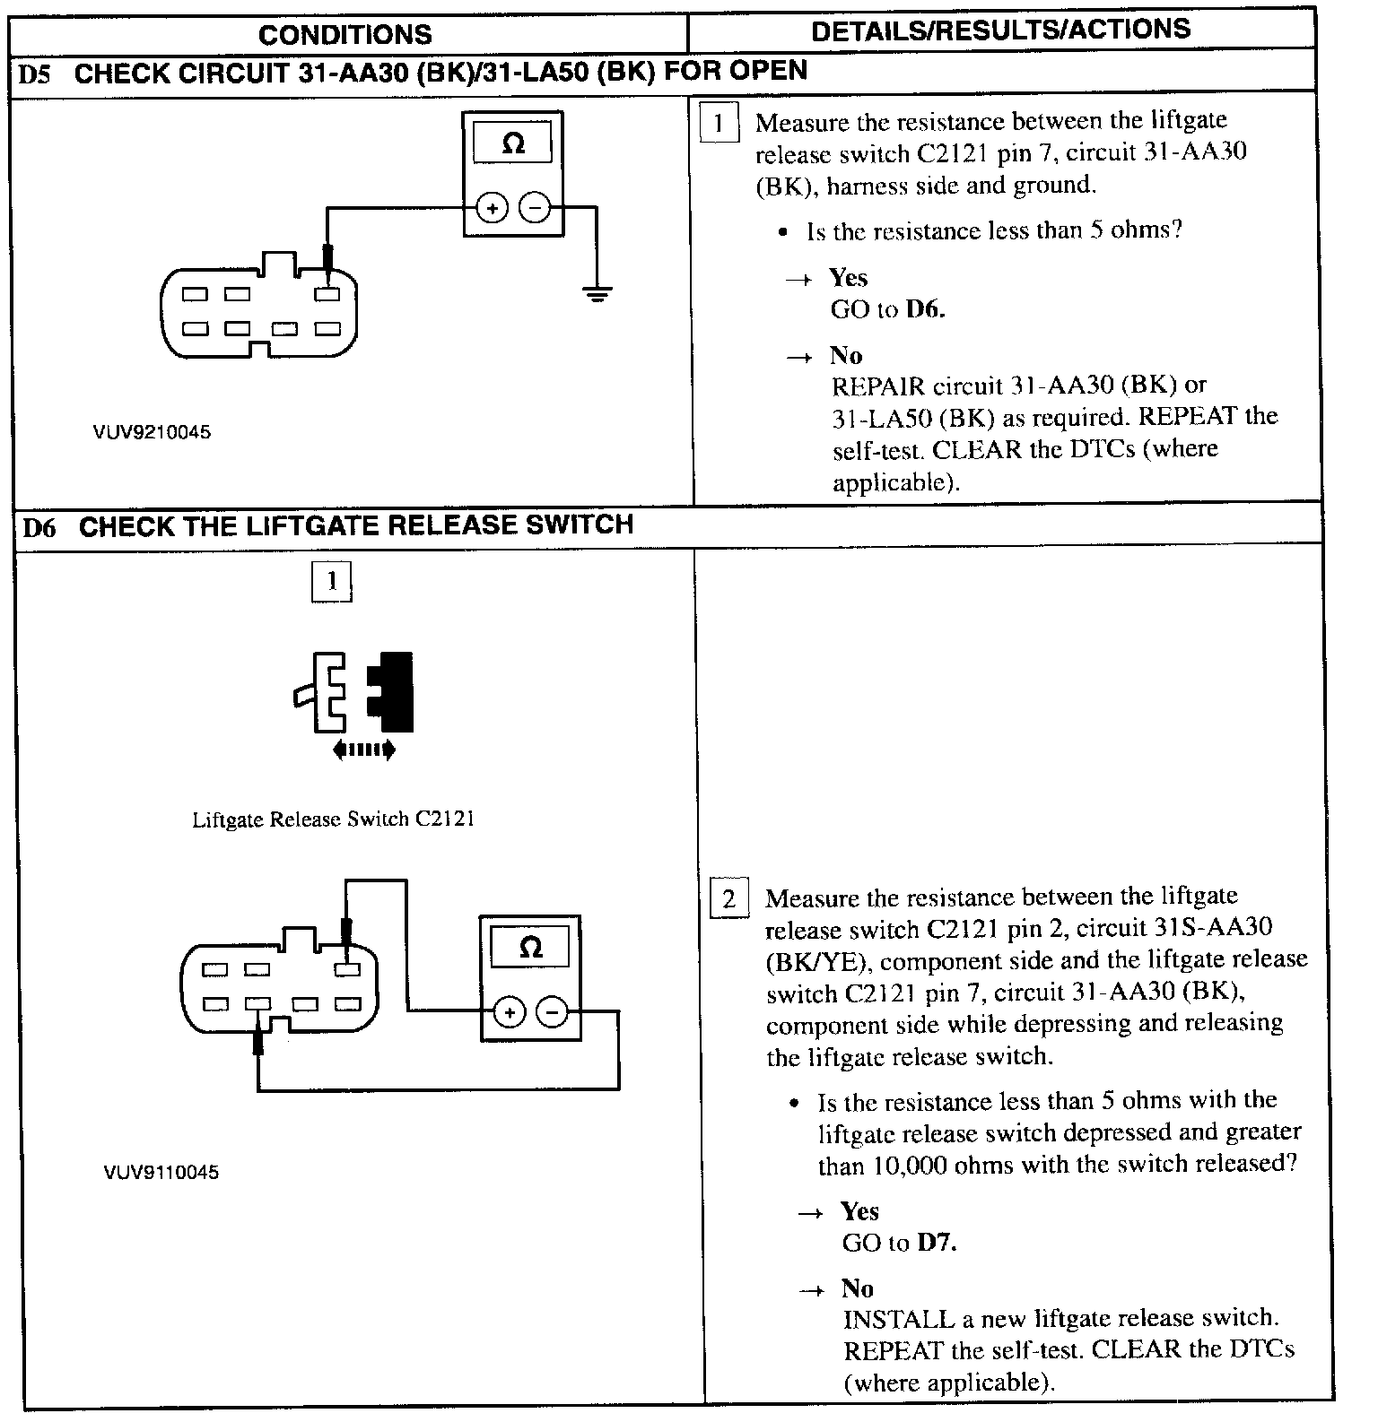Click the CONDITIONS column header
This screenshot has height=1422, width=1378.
pyautogui.click(x=344, y=34)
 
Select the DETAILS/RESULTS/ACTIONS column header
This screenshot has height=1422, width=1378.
pyautogui.click(x=1000, y=30)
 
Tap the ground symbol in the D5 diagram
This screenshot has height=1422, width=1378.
pyautogui.click(x=596, y=292)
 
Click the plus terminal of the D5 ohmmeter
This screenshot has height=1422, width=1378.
pyautogui.click(x=491, y=208)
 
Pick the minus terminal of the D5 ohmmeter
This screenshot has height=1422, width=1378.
pyautogui.click(x=535, y=208)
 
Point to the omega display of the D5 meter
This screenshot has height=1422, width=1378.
pyautogui.click(x=513, y=143)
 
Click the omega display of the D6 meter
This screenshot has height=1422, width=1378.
pyautogui.click(x=531, y=948)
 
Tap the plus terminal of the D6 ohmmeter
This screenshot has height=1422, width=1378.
pyautogui.click(x=509, y=1013)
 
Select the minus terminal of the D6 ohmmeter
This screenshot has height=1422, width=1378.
pyautogui.click(x=552, y=1013)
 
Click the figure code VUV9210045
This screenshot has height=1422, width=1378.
pyautogui.click(x=152, y=432)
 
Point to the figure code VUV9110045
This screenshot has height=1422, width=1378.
pyautogui.click(x=161, y=1173)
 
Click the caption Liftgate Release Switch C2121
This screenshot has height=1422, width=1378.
pyautogui.click(x=333, y=819)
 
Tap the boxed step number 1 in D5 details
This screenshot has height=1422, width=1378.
pyautogui.click(x=718, y=124)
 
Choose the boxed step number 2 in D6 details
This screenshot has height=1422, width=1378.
pyautogui.click(x=728, y=899)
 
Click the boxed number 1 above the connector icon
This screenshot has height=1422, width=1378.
pyautogui.click(x=331, y=582)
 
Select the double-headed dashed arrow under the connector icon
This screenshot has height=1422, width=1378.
pyautogui.click(x=362, y=750)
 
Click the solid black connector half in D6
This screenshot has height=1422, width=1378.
pyautogui.click(x=394, y=689)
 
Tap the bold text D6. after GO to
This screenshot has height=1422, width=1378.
pyautogui.click(x=925, y=310)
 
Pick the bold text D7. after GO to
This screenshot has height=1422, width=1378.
pyautogui.click(x=936, y=1244)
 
